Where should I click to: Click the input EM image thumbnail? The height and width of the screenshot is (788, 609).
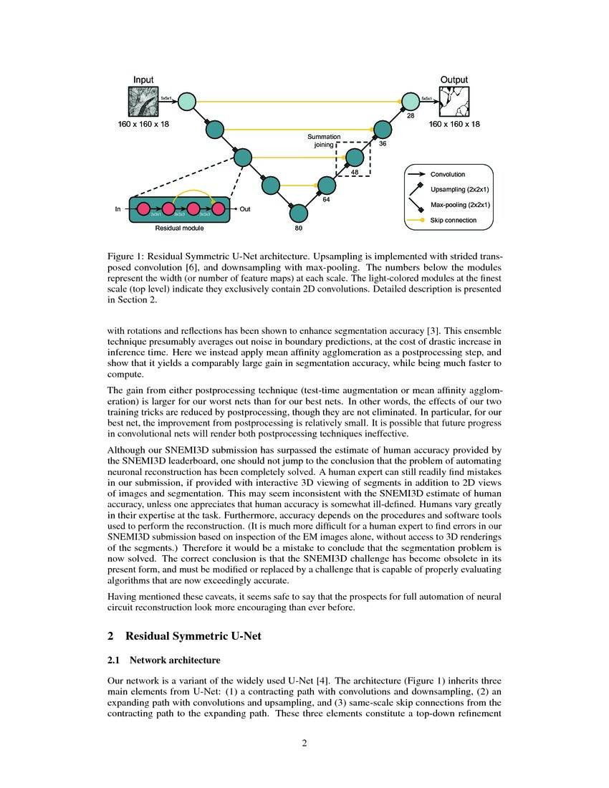tap(143, 101)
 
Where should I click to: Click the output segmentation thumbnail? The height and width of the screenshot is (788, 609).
tap(454, 101)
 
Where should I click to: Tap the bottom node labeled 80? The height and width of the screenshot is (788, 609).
tap(298, 213)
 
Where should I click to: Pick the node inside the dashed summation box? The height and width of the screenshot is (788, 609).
tap(355, 157)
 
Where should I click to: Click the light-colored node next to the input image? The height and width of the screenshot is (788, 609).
tap(187, 102)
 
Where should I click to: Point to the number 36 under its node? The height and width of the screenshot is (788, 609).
tap(383, 144)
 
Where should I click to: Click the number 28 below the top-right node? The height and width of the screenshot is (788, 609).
tap(411, 116)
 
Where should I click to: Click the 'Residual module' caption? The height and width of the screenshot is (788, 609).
tap(179, 228)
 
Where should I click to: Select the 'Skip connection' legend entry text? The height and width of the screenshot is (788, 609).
tap(453, 220)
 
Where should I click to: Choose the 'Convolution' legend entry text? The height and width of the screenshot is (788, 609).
tap(447, 174)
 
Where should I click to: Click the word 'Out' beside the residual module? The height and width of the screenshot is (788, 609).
tap(245, 209)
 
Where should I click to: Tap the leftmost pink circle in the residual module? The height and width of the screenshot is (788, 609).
tap(143, 209)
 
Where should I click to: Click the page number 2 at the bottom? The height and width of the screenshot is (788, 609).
tap(304, 742)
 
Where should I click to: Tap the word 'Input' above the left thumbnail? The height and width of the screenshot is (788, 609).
tap(143, 80)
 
